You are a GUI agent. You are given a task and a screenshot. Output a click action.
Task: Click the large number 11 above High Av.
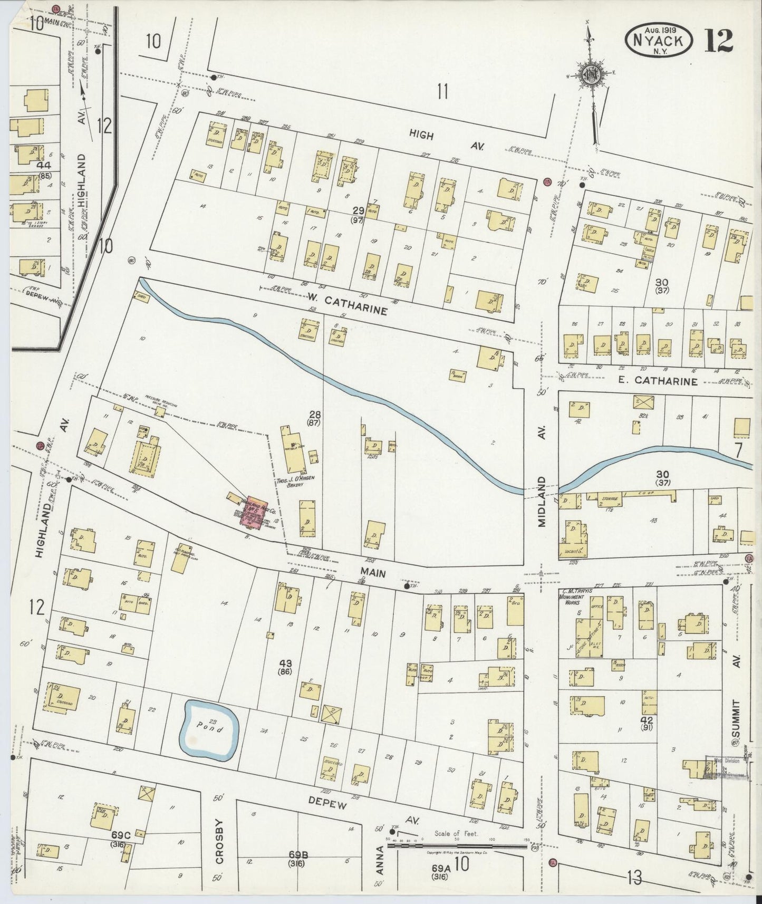tap(442, 92)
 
